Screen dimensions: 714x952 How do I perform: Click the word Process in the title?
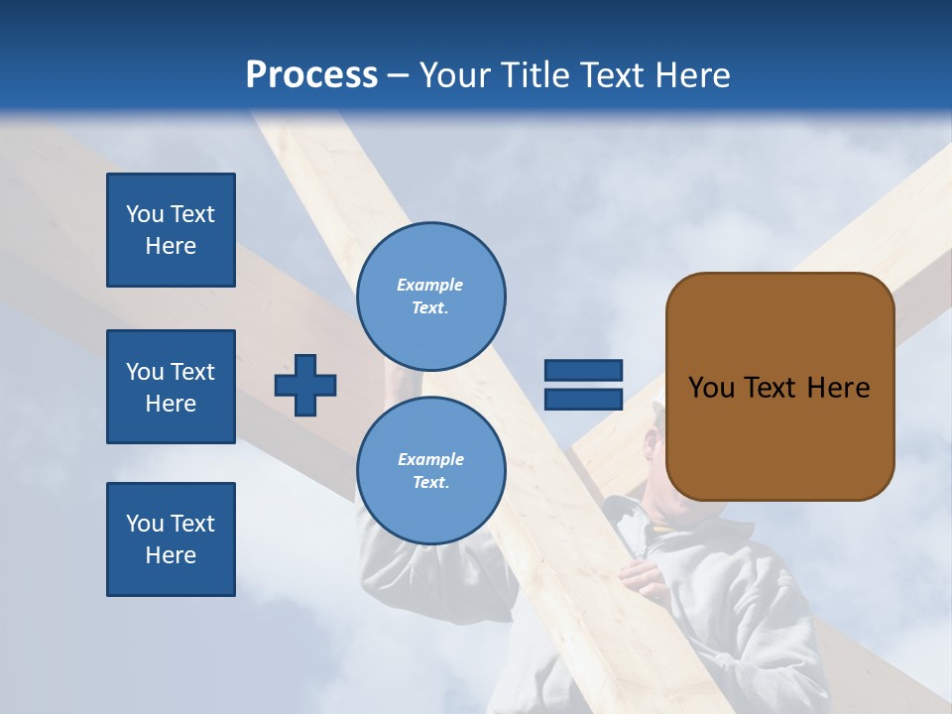[311, 75]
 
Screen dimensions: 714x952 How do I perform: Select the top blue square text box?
[171, 230]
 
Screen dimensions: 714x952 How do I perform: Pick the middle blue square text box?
[171, 387]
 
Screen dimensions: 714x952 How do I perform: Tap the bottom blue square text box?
[171, 539]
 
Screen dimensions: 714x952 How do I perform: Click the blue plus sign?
[305, 385]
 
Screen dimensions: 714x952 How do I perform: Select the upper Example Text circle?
[430, 297]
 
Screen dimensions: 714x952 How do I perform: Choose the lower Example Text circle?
[430, 471]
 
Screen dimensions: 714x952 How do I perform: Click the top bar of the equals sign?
[583, 370]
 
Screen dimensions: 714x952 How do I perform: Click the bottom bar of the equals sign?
[583, 400]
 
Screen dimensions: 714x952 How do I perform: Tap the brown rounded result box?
[779, 387]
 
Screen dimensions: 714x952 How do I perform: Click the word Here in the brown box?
[838, 388]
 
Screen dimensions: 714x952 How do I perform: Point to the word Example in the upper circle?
[429, 285]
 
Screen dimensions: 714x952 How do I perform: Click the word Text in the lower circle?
[429, 483]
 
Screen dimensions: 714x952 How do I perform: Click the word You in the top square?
[144, 214]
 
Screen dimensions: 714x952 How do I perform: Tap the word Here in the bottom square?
[171, 555]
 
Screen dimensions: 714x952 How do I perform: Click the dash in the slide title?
[399, 75]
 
